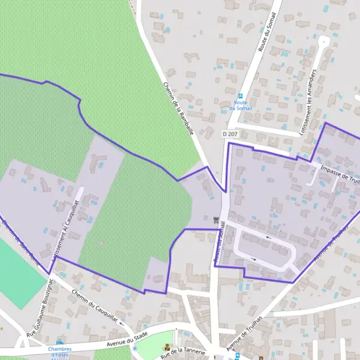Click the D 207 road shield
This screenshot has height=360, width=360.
(230, 133)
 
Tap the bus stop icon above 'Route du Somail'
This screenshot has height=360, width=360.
(240, 95)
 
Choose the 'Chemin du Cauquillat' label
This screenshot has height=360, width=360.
(94, 307)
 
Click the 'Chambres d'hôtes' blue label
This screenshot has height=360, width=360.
(60, 352)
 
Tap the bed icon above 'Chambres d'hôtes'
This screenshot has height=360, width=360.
(59, 341)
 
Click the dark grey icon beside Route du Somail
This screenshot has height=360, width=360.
(215, 220)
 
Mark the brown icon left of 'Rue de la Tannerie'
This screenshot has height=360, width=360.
(167, 347)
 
